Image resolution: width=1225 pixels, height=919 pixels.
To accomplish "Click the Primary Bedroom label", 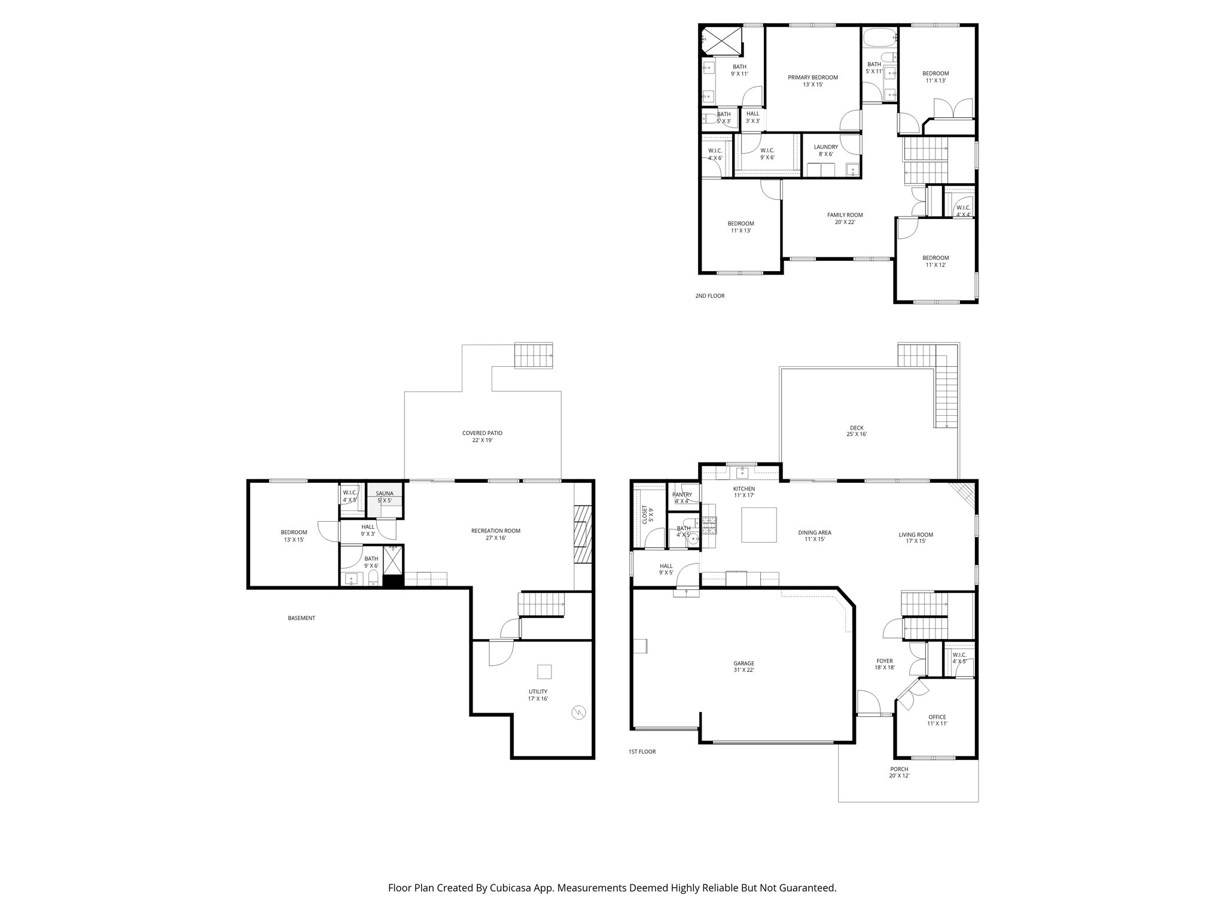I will (812, 81).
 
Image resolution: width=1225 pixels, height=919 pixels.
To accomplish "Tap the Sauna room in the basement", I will (385, 497).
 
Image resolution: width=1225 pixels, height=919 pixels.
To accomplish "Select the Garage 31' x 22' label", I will (743, 667).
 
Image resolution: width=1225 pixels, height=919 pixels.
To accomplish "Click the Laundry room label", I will (825, 150).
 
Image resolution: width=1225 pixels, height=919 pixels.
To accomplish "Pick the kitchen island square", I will (759, 525).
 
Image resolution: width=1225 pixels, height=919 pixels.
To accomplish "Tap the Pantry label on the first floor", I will (682, 498).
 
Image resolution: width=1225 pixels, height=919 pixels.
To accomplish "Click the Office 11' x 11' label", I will (937, 720).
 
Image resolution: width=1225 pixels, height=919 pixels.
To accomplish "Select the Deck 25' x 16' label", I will (857, 431).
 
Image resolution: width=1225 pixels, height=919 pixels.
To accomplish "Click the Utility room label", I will (538, 695).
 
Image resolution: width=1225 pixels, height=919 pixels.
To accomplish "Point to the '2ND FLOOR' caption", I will (709, 296).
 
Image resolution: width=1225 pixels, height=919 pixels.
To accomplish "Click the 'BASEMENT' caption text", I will (301, 618).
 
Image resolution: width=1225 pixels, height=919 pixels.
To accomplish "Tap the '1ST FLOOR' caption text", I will (642, 751).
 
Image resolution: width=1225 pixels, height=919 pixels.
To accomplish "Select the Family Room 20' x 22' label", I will (845, 218).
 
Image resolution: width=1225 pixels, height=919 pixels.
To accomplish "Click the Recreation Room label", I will (495, 534).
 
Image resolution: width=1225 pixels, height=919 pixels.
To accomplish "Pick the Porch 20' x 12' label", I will (899, 772).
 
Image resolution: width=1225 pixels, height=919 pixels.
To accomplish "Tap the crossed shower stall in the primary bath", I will (721, 42).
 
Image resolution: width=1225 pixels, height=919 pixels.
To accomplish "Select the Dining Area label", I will (815, 535).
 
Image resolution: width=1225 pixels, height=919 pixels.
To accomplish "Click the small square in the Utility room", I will (544, 672).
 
